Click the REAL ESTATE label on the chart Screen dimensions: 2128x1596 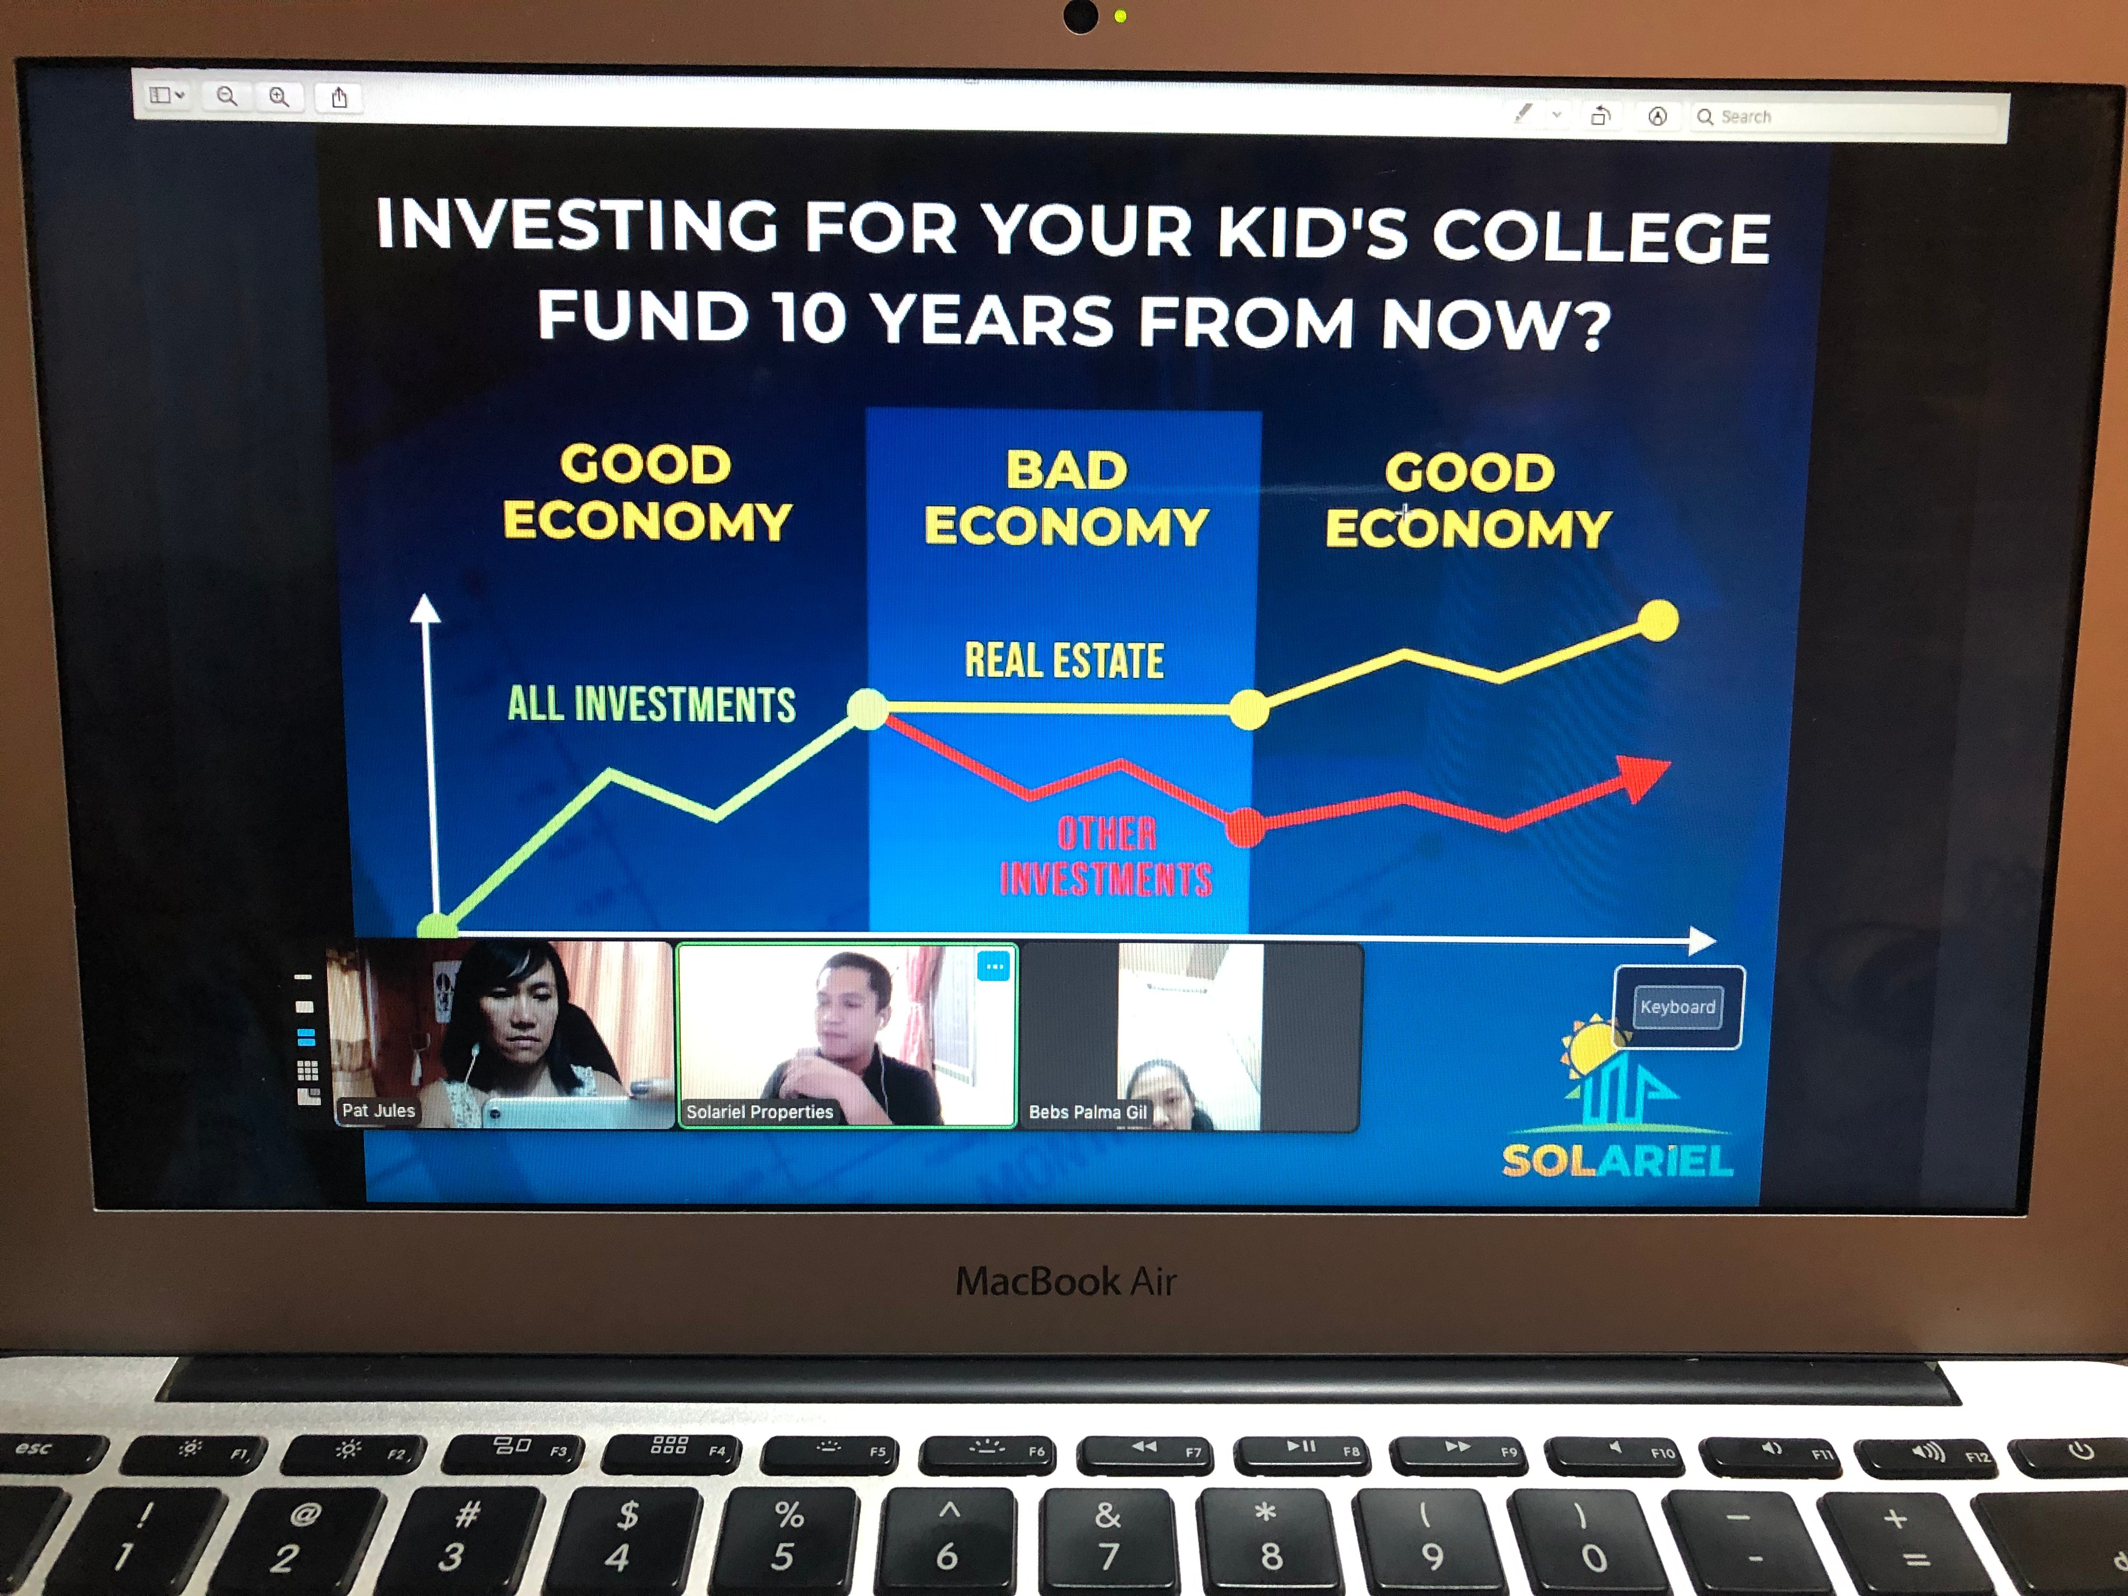pyautogui.click(x=1064, y=661)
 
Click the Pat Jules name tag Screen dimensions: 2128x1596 pyautogui.click(x=378, y=1110)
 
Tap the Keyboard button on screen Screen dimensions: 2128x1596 pyautogui.click(x=1678, y=1007)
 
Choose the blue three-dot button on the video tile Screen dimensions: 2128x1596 pyautogui.click(x=994, y=966)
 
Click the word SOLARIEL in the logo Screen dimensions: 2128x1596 pyautogui.click(x=1617, y=1160)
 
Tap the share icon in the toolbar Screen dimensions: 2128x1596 pyautogui.click(x=339, y=97)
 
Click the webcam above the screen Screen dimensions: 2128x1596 pyautogui.click(x=1080, y=16)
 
